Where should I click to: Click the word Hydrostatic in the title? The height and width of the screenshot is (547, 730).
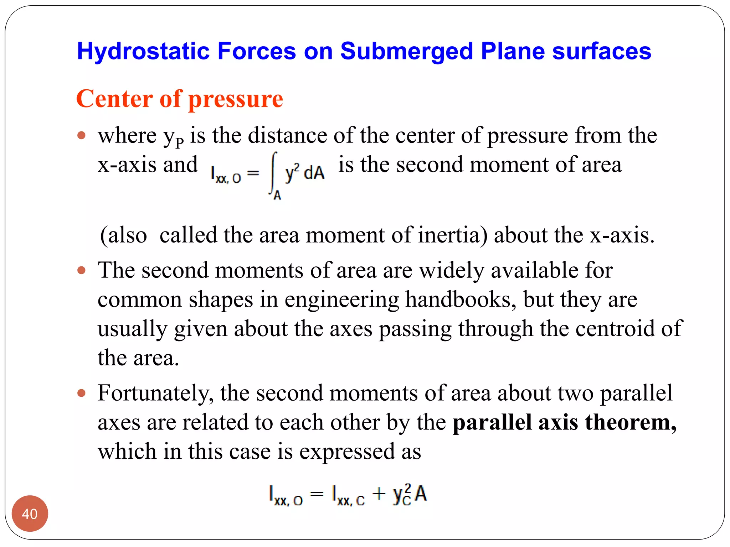[143, 51]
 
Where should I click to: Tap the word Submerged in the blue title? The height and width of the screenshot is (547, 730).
[406, 51]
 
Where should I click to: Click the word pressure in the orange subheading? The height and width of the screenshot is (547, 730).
[236, 99]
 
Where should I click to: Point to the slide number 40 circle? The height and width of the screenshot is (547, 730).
[30, 514]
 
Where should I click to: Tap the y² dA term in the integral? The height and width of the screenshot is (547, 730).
[305, 173]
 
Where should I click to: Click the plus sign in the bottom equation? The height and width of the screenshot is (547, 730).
[379, 494]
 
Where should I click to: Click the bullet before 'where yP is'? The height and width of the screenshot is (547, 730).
[82, 135]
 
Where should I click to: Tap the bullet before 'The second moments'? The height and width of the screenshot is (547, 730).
[82, 270]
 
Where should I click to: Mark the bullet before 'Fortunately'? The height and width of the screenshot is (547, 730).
[82, 393]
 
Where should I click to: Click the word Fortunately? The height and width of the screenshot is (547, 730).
[156, 393]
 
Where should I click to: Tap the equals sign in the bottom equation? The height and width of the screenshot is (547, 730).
[317, 494]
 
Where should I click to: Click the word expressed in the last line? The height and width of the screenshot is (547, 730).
[347, 452]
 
